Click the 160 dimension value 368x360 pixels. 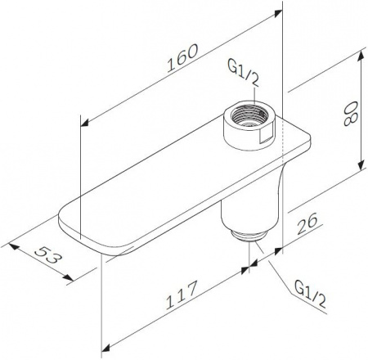pyautogui.click(x=182, y=58)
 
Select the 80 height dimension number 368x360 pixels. pyautogui.click(x=350, y=113)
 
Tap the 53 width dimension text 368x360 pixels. pyautogui.click(x=47, y=255)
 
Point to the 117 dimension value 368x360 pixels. pyautogui.click(x=181, y=295)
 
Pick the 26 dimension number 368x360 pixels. pyautogui.click(x=307, y=223)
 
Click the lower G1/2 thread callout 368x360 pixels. pyautogui.click(x=310, y=297)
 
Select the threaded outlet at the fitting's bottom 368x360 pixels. pyautogui.click(x=248, y=236)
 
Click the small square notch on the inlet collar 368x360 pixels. pyautogui.click(x=266, y=137)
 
